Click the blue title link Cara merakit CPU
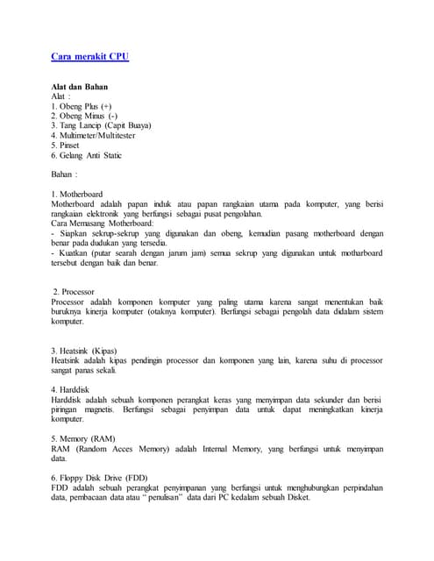pos(90,57)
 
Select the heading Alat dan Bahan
pos(85,87)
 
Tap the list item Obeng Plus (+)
pos(82,106)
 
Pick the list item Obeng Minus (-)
pos(84,116)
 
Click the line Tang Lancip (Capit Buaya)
pos(101,125)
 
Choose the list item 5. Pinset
pos(66,146)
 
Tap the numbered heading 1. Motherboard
pos(77,194)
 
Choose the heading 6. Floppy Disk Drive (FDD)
pos(106,478)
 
